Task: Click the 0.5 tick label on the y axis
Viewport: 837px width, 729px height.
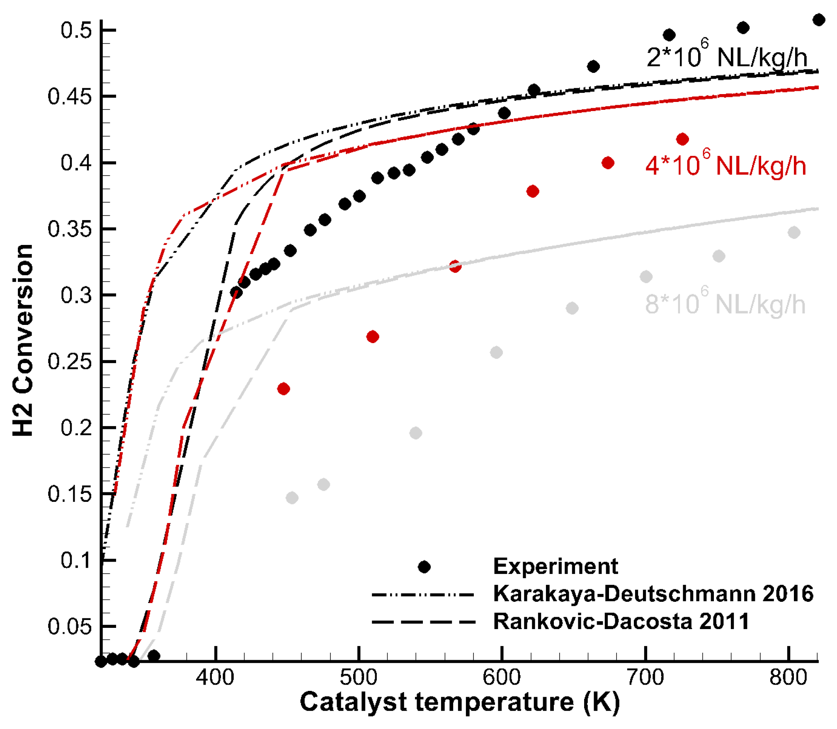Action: (76, 30)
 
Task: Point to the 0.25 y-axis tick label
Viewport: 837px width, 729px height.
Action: (69, 362)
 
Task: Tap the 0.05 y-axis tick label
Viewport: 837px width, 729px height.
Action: (69, 627)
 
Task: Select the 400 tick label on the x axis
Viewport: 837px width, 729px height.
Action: (215, 678)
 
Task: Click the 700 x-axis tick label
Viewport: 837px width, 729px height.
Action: (645, 678)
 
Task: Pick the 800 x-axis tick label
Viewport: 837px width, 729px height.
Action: (788, 678)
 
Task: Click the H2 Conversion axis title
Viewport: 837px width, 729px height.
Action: (22, 341)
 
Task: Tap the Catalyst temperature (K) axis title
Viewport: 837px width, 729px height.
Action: (459, 702)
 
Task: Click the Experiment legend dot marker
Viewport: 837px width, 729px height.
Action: (424, 567)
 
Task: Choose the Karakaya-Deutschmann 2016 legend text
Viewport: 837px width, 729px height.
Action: (653, 594)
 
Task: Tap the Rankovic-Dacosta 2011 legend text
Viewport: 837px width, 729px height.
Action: (621, 622)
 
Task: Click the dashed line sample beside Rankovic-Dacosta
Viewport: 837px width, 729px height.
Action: (423, 622)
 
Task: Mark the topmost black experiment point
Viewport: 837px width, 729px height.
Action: (818, 20)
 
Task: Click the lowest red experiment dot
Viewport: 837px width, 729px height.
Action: (284, 389)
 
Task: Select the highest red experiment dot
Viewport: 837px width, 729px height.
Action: (682, 139)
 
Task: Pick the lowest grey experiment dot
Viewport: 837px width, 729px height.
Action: (292, 498)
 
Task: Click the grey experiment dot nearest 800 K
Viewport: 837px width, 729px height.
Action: (793, 233)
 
